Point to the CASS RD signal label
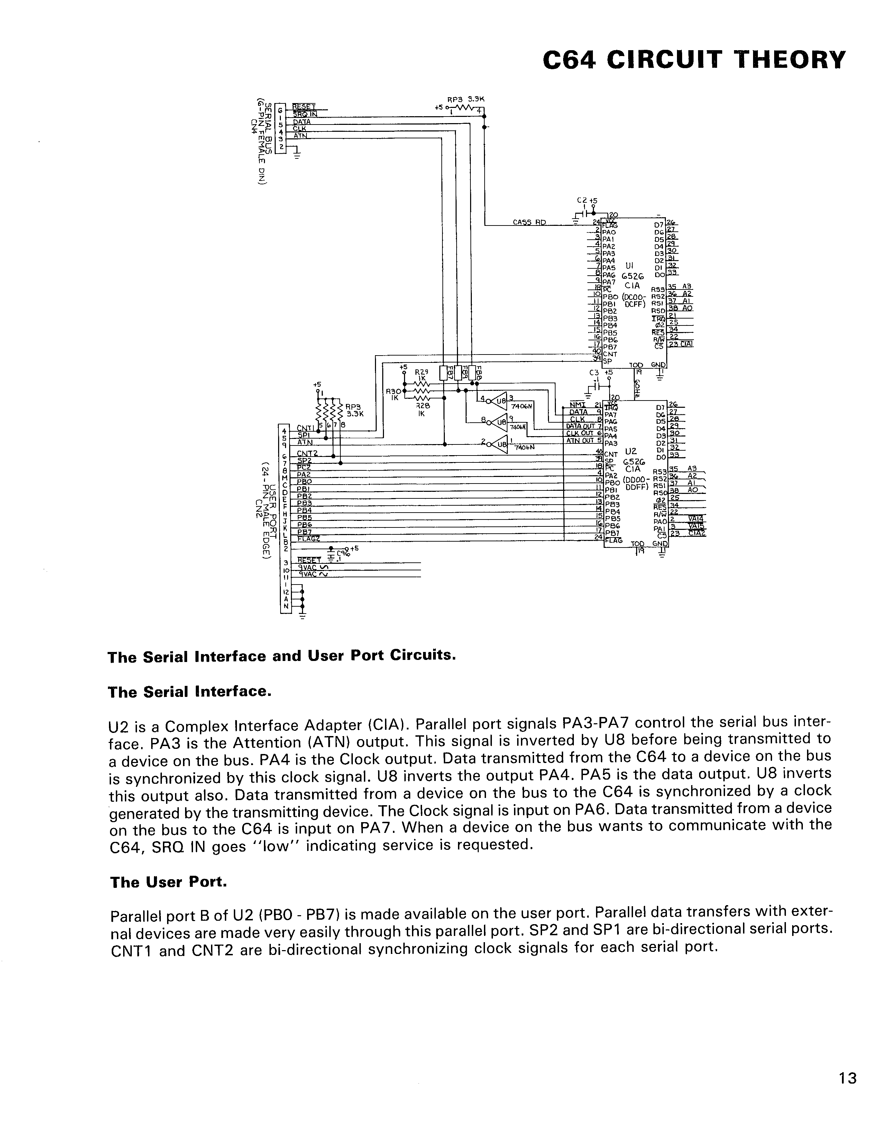click(x=529, y=222)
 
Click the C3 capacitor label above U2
click(x=594, y=373)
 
